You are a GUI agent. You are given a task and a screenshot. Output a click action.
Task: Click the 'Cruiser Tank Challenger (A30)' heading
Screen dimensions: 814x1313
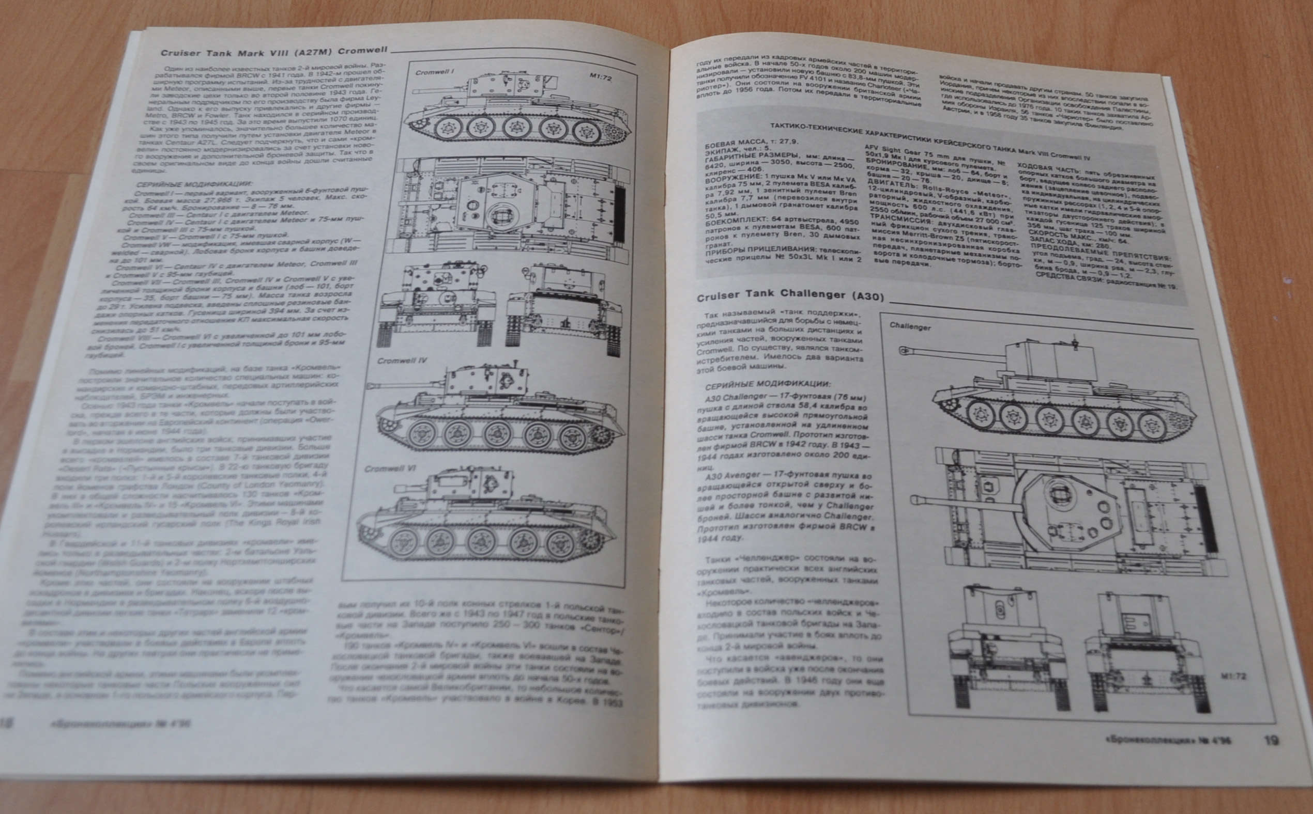[x=790, y=296]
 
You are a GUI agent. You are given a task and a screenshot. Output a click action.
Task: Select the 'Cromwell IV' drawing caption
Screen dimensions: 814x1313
[x=402, y=360]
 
